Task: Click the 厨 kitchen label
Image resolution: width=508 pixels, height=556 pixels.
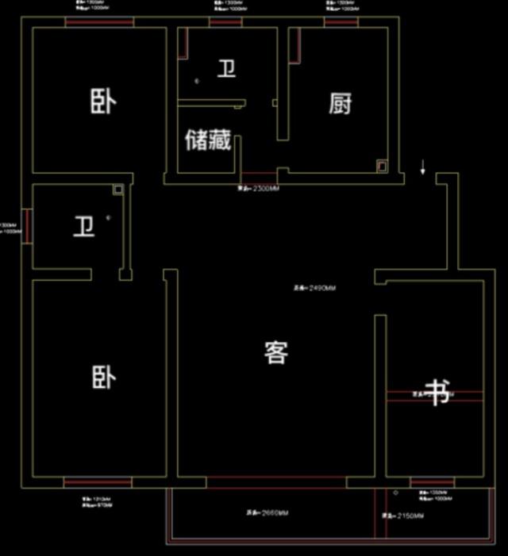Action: (x=341, y=103)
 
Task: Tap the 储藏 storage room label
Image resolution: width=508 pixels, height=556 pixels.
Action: (x=208, y=140)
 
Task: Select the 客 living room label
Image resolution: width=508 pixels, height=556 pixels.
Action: (x=275, y=352)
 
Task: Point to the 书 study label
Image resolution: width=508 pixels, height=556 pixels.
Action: (x=439, y=392)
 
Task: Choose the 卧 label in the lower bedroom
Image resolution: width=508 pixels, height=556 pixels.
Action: (x=103, y=378)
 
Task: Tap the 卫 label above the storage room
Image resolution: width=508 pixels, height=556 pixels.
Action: (x=227, y=69)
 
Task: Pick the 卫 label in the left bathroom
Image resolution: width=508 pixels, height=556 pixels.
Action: (x=84, y=227)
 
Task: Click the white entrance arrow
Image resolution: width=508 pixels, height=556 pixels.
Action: (x=423, y=167)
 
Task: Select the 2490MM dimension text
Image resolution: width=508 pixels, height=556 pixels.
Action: (x=314, y=288)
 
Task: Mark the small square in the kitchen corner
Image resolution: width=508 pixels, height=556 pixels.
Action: (x=382, y=167)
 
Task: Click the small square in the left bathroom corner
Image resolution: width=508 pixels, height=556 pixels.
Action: (x=117, y=190)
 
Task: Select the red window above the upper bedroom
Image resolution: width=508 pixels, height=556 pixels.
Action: (x=99, y=22)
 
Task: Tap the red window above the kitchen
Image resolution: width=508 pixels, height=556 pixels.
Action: (x=341, y=22)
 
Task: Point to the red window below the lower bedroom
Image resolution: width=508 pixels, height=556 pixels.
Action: (x=98, y=481)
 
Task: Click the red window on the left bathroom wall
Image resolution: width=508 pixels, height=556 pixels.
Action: (x=28, y=226)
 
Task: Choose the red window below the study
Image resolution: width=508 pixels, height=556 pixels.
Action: (x=432, y=481)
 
